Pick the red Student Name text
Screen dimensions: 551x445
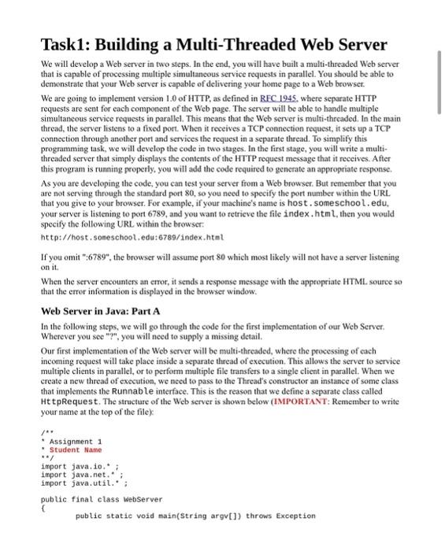[x=82, y=450]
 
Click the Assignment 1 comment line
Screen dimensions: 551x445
[x=76, y=442]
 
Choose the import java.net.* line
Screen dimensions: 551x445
[x=79, y=475]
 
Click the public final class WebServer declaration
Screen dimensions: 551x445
[x=101, y=499]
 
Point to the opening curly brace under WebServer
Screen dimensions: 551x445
[x=43, y=508]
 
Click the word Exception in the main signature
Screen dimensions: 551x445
[x=296, y=516]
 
